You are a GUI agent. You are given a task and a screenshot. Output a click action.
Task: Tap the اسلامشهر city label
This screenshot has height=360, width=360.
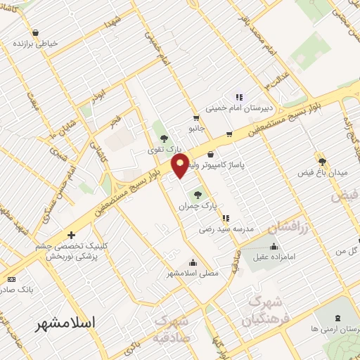[x=67, y=323]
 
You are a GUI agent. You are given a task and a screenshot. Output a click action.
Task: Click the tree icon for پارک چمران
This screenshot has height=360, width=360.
[x=197, y=195]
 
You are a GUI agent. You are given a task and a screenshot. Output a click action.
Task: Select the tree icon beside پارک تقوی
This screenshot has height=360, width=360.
[x=165, y=139]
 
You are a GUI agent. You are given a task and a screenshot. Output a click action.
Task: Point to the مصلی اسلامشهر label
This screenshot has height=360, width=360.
[x=193, y=272]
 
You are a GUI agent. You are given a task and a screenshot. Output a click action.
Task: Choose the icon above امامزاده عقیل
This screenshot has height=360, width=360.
[x=274, y=247]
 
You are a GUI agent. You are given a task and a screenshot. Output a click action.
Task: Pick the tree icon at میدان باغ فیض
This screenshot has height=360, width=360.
[x=322, y=161]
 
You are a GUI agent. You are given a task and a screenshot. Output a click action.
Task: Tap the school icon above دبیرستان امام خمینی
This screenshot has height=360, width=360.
[x=239, y=98]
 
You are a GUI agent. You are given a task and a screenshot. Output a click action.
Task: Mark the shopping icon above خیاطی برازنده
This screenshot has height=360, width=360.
[x=35, y=32]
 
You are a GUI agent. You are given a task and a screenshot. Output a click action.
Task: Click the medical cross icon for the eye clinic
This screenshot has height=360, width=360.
[x=70, y=235]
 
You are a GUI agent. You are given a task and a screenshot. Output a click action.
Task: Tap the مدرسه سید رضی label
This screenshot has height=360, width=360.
[x=225, y=229]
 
